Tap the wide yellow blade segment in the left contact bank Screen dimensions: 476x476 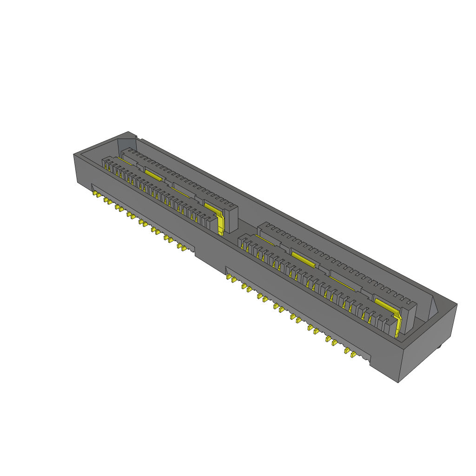pyautogui.click(x=152, y=174)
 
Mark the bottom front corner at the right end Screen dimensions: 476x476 pyautogui.click(x=398, y=383)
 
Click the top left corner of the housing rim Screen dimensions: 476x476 pyautogui.click(x=74, y=154)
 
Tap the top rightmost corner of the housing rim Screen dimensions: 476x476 pyautogui.click(x=457, y=304)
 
